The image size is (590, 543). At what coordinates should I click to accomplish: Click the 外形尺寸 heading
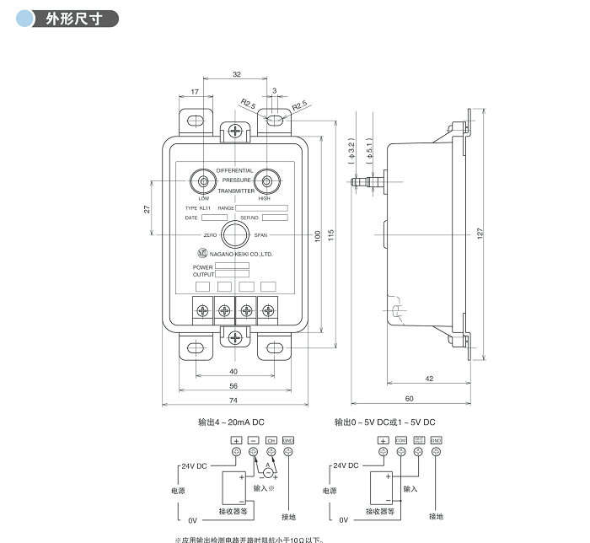(72, 19)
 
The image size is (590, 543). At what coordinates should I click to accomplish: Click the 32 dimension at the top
(236, 75)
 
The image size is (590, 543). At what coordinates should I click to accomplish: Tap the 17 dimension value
(195, 92)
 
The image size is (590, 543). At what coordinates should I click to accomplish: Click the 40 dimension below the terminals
(233, 371)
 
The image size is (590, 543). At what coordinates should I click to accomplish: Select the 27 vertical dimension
(147, 207)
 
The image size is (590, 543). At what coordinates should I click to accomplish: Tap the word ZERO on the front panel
(211, 235)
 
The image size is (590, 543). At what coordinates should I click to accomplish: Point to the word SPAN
(260, 235)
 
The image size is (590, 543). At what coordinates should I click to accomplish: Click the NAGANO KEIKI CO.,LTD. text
(241, 253)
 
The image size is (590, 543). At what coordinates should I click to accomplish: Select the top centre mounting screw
(235, 131)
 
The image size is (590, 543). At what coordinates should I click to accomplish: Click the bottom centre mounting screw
(235, 337)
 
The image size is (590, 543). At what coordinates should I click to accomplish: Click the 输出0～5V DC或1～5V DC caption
(384, 422)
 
